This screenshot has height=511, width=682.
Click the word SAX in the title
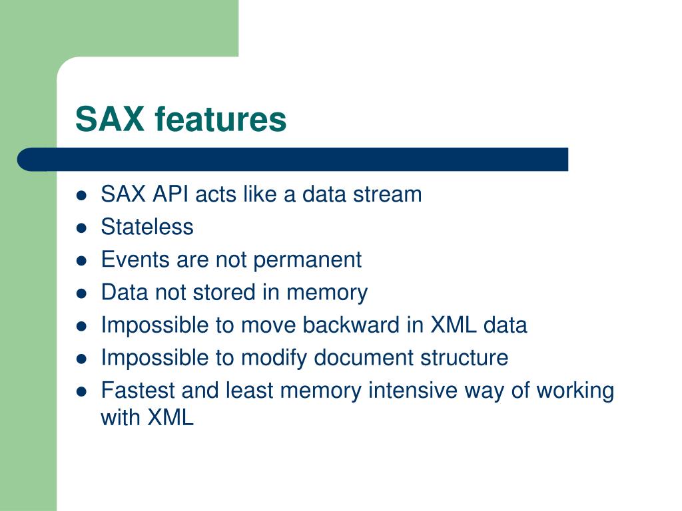point(110,118)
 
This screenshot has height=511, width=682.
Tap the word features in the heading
point(220,118)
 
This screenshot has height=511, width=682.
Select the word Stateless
point(147,226)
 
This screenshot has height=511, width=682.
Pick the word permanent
point(307,260)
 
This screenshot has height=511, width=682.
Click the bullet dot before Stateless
point(81,228)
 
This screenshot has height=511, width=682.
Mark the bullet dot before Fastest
point(81,391)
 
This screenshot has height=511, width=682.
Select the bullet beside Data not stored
point(81,293)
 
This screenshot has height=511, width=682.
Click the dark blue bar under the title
point(293,160)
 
